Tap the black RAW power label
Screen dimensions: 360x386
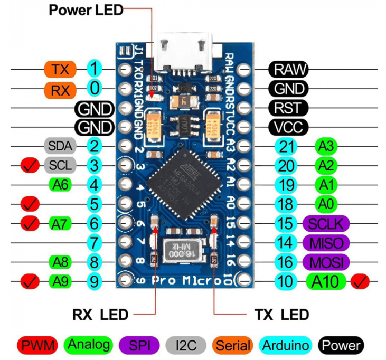(x=288, y=69)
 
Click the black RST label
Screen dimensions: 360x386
(x=288, y=108)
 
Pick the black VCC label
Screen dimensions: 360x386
(x=288, y=127)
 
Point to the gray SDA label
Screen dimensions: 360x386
(x=60, y=146)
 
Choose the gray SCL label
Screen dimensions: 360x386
(x=60, y=165)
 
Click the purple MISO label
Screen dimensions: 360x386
(x=326, y=243)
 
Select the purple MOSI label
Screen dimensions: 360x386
(x=326, y=262)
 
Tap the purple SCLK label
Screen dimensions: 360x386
(x=326, y=223)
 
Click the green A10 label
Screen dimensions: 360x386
(x=325, y=281)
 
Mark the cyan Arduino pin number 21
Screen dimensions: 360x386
(x=287, y=146)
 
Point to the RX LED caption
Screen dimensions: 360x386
(x=100, y=315)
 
